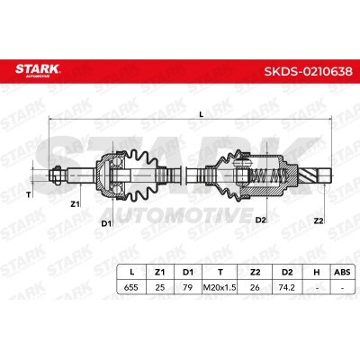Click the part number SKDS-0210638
[x=308, y=71]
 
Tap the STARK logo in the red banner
[x=38, y=70]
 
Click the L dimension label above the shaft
[x=202, y=114]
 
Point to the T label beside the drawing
[x=29, y=195]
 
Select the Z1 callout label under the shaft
[x=75, y=204]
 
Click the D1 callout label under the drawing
[x=106, y=223]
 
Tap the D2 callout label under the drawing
[x=261, y=220]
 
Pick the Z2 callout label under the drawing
[x=319, y=221]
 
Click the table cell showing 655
[x=131, y=287]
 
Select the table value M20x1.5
[x=220, y=287]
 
